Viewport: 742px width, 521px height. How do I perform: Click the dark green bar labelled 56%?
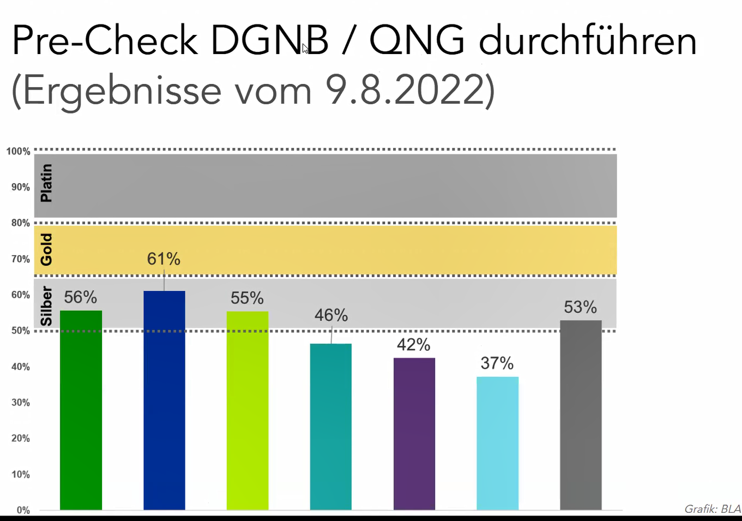[81, 409]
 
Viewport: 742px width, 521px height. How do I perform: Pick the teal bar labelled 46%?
[331, 426]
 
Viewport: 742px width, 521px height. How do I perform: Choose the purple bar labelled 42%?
[414, 434]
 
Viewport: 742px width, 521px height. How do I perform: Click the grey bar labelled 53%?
[581, 415]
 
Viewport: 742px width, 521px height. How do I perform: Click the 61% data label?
[164, 259]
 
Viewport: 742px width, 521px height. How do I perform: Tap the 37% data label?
[497, 363]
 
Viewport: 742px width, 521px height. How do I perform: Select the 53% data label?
[580, 307]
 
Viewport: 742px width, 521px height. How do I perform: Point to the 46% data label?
[331, 315]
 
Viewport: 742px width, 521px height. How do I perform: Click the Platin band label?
[47, 183]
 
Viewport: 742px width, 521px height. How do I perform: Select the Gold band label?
[47, 249]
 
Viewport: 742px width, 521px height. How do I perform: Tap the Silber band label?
[47, 306]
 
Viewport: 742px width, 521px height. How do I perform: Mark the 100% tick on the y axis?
[19, 151]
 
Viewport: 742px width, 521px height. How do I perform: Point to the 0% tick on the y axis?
[23, 510]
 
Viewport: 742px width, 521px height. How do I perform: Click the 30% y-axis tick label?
[21, 403]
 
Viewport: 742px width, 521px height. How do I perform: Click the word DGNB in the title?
[269, 40]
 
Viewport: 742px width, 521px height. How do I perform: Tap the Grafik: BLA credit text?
[713, 509]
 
